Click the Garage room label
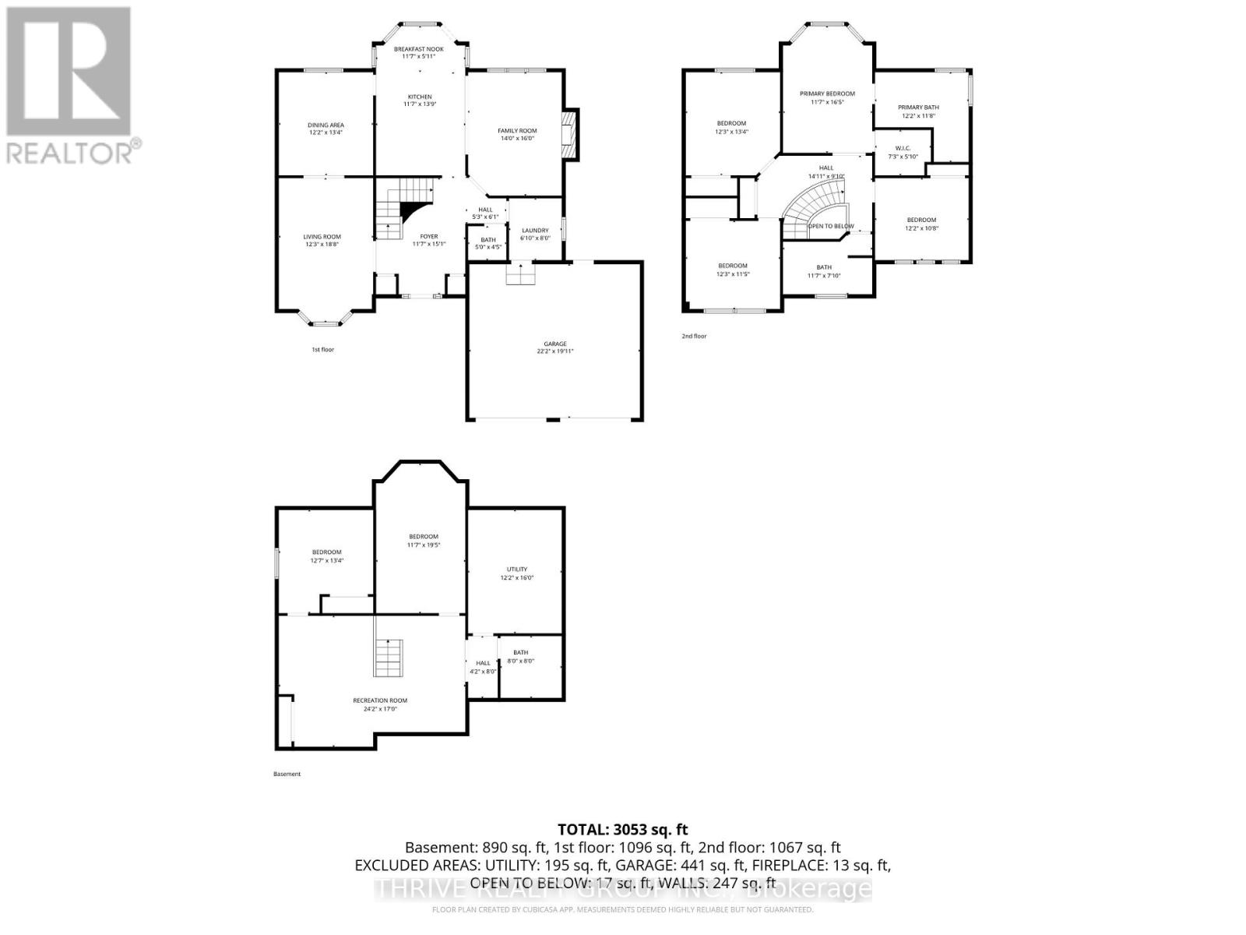pyautogui.click(x=554, y=348)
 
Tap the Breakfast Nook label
pyautogui.click(x=418, y=52)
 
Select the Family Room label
pyautogui.click(x=517, y=134)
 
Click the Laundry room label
pyautogui.click(x=535, y=234)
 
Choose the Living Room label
pyautogui.click(x=322, y=240)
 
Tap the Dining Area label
pyautogui.click(x=326, y=129)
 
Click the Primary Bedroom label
pyautogui.click(x=827, y=97)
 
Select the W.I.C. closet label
pyautogui.click(x=903, y=152)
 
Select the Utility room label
pyautogui.click(x=517, y=573)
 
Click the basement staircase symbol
pyautogui.click(x=387, y=658)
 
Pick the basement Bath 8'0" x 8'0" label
pyautogui.click(x=520, y=657)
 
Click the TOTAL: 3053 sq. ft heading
pyautogui.click(x=622, y=830)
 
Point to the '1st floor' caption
pyautogui.click(x=322, y=350)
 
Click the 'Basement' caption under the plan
pyautogui.click(x=287, y=774)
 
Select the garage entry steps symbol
pyautogui.click(x=517, y=274)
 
